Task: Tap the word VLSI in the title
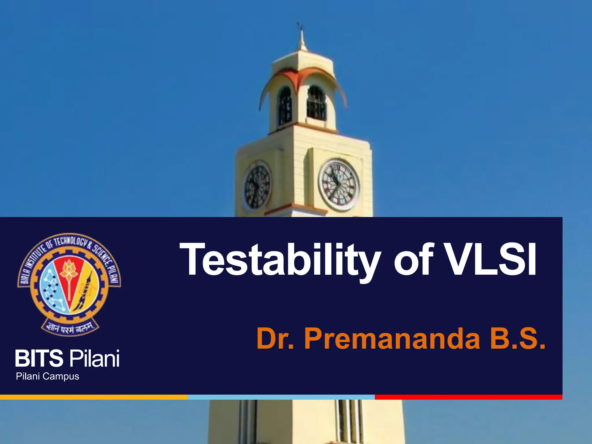click(490, 260)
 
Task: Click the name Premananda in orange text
click(392, 339)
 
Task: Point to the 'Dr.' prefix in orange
click(275, 339)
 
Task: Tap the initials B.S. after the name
click(517, 339)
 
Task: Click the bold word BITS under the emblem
click(39, 358)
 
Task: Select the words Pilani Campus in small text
click(47, 376)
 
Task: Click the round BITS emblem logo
click(69, 283)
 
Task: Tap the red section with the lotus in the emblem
click(69, 277)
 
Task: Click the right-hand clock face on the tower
click(339, 185)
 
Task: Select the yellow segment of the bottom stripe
click(94, 397)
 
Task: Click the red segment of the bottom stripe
click(468, 397)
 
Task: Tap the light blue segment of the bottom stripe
click(281, 397)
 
